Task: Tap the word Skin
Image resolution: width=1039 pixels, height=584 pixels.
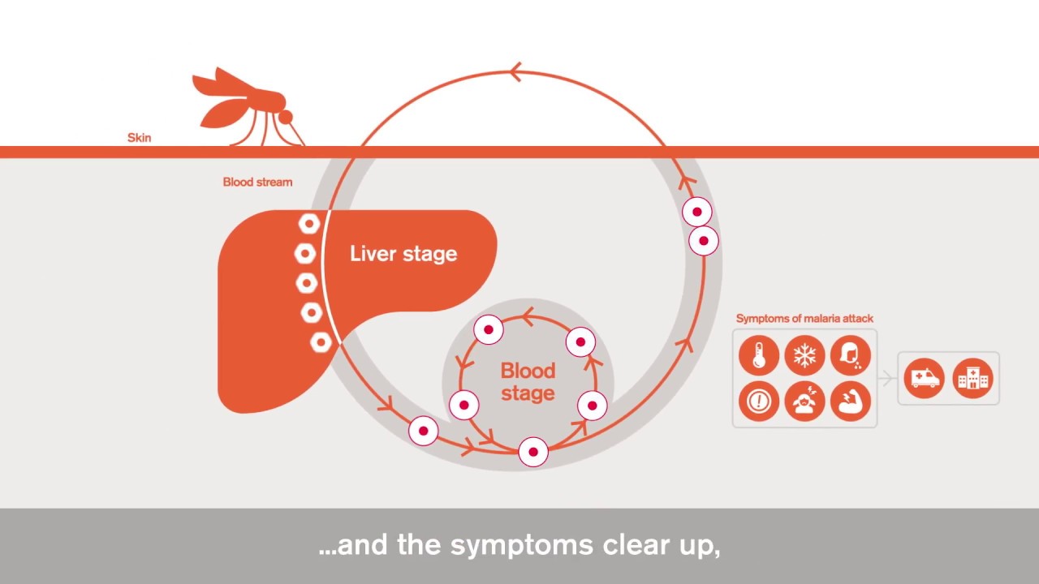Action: pos(139,138)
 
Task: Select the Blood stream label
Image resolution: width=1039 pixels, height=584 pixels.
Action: pos(257,182)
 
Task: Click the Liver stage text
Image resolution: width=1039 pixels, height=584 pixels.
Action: pos(403,254)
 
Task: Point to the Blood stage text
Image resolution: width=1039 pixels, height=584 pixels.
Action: pos(528,382)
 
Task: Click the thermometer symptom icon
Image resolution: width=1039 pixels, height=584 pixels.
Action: pos(759,355)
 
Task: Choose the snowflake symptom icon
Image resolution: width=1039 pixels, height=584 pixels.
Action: pos(804,355)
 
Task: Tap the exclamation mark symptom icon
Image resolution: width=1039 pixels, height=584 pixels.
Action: pos(759,401)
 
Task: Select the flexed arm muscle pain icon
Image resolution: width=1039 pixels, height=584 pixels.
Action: pos(850,401)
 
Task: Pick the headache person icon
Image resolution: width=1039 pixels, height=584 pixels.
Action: pos(804,401)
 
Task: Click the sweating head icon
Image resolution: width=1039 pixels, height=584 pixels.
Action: pos(850,355)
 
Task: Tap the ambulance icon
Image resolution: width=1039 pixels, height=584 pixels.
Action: pos(925,379)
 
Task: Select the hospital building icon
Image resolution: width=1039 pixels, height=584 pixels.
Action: pos(972,379)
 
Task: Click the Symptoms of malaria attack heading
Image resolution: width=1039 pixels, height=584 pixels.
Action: pos(804,319)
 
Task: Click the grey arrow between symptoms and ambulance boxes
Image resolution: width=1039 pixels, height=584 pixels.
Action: pos(887,379)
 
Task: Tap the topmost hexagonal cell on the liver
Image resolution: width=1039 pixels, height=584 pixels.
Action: pos(309,224)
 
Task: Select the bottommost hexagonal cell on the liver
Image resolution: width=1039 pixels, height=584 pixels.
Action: pos(321,342)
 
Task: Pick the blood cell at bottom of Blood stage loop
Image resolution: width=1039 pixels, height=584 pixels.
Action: pos(533,452)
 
